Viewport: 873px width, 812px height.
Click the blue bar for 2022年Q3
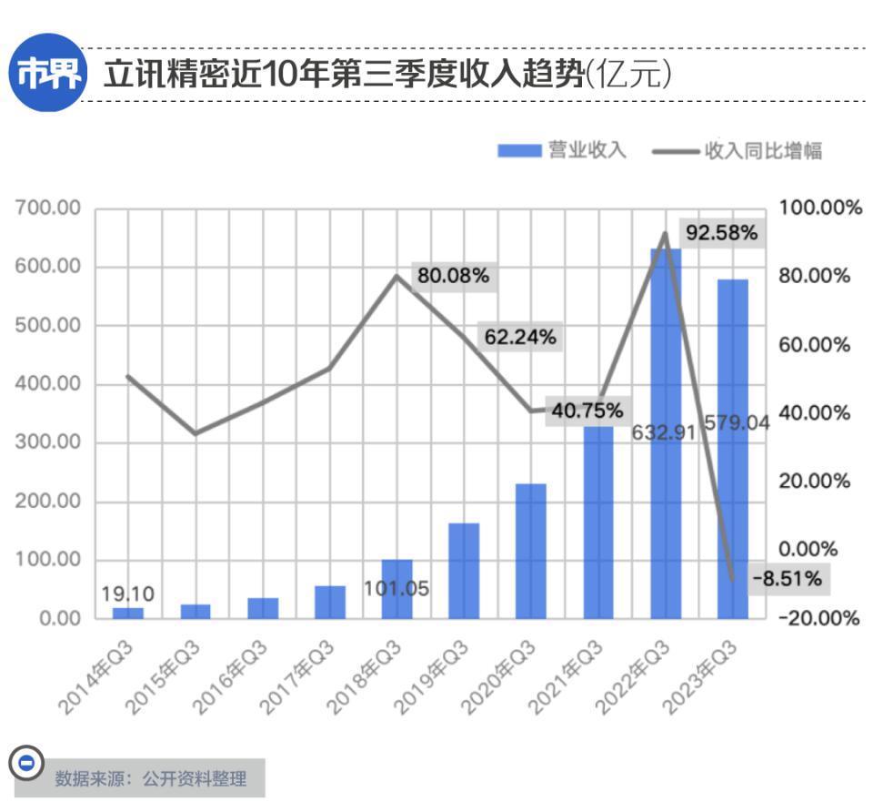666,510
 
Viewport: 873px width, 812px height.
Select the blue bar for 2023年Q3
733,528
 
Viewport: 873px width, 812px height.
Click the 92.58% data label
721,233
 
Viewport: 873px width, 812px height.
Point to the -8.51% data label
787,577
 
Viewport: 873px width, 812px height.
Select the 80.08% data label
454,275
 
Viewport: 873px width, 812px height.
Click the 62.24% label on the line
519,337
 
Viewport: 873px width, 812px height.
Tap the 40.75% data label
587,410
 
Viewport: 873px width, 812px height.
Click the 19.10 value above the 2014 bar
127,594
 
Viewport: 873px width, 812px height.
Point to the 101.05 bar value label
396,588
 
